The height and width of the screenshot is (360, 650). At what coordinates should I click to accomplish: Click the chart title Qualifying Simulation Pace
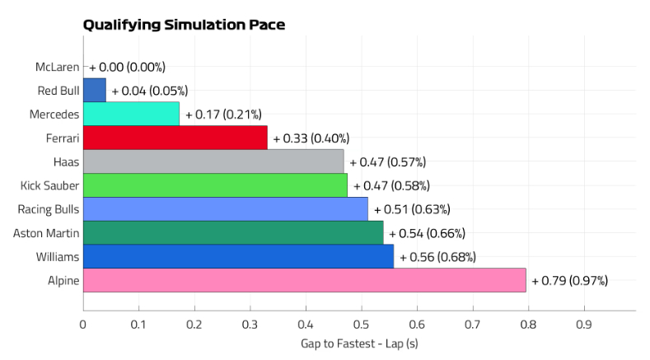coord(184,25)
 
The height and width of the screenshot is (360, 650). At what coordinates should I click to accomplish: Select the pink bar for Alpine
coord(304,280)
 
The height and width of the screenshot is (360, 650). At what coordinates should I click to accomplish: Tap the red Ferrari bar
coord(175,138)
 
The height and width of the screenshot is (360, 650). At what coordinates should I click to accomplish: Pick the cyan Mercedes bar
coord(131,114)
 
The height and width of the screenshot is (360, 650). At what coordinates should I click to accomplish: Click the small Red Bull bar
coord(95,90)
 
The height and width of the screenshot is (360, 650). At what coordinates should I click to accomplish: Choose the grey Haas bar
coord(213,161)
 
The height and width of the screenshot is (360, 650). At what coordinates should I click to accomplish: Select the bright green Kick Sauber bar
coord(215,185)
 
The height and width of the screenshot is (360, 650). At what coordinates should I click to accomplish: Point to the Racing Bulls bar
coord(226,209)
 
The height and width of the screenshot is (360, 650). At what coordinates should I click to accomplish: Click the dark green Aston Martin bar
coord(233,233)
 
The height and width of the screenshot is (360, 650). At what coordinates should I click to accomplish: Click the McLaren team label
coord(58,67)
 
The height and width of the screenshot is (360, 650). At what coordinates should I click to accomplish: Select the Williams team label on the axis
coord(58,257)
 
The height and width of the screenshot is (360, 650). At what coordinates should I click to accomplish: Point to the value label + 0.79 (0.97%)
coord(569,281)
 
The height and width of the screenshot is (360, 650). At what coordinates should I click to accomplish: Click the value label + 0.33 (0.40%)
coord(311,138)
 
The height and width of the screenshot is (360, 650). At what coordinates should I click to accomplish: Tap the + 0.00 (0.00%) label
coord(128,67)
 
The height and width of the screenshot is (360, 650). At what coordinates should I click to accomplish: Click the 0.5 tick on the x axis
coord(361,325)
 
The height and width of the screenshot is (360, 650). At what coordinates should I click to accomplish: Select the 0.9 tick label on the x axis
coord(583,325)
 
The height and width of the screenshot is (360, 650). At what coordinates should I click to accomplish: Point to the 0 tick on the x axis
coord(83,325)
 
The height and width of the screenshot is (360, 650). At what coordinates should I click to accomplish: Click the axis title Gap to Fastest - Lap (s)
coord(359,343)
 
